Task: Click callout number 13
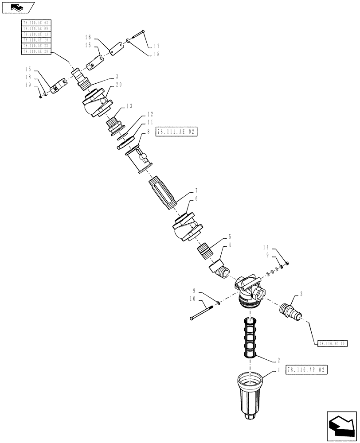pyautogui.click(x=129, y=106)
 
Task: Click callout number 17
pyautogui.click(x=157, y=46)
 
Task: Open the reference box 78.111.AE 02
pyautogui.click(x=176, y=132)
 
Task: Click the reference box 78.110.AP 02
pyautogui.click(x=307, y=369)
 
